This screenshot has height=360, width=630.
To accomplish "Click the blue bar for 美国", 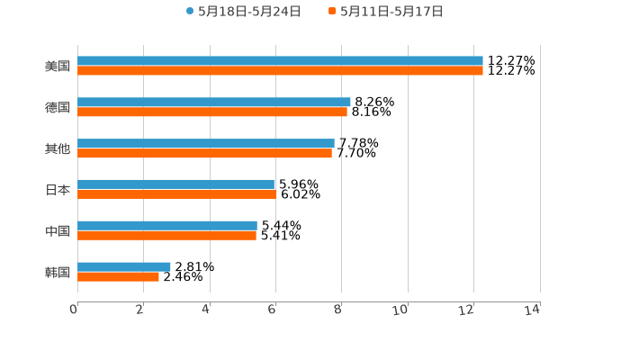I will pyautogui.click(x=280, y=61).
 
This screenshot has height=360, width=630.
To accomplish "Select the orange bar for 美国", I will pyautogui.click(x=280, y=71).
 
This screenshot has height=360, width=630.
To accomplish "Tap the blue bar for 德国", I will pyautogui.click(x=214, y=103).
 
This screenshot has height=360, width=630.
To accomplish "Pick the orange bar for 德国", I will pyautogui.click(x=212, y=112).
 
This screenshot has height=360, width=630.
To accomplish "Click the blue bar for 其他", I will pyautogui.click(x=206, y=144).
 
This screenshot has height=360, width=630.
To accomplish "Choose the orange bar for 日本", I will pyautogui.click(x=177, y=194).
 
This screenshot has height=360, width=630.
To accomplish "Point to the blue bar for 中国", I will pyautogui.click(x=167, y=226).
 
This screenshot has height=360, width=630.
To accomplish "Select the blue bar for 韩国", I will pyautogui.click(x=124, y=267).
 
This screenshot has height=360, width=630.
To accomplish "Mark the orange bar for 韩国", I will pyautogui.click(x=118, y=277).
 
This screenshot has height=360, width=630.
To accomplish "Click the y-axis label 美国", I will pyautogui.click(x=58, y=67).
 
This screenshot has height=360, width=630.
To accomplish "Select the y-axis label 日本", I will pyautogui.click(x=58, y=190).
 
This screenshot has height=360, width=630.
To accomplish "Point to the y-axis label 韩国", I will pyautogui.click(x=58, y=272).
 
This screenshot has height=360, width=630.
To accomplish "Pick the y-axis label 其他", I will pyautogui.click(x=58, y=148).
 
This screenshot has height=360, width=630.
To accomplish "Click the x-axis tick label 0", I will pyautogui.click(x=74, y=310).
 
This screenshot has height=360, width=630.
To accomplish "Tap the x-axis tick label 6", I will pyautogui.click(x=272, y=310).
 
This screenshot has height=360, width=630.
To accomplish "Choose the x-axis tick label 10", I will pyautogui.click(x=400, y=310).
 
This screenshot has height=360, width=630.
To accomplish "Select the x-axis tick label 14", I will pyautogui.click(x=532, y=310).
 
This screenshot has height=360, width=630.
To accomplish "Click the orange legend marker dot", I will pyautogui.click(x=332, y=12).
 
